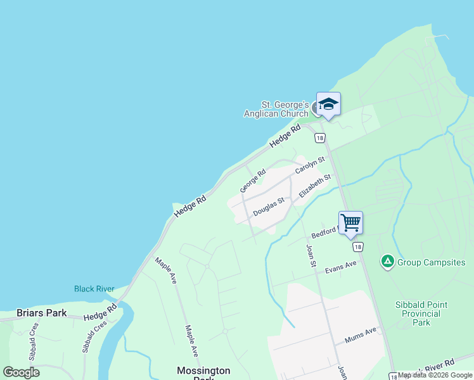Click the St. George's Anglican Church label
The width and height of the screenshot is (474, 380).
click(x=276, y=109)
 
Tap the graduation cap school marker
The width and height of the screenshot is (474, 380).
click(x=328, y=103)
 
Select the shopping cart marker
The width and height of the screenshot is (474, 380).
click(x=350, y=222)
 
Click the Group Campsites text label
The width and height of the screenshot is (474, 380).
click(x=431, y=262)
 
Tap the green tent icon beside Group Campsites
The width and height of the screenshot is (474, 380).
click(x=387, y=261)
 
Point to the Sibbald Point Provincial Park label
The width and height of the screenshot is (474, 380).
click(x=421, y=313)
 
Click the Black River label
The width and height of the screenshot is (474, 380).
click(x=94, y=289)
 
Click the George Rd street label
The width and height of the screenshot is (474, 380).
click(x=253, y=180)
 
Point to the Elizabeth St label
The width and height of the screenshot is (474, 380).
click(x=315, y=187)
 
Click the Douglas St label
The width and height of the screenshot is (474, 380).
click(x=269, y=206)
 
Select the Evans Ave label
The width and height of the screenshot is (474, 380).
click(x=341, y=267)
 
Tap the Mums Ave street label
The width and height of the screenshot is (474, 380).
click(x=361, y=334)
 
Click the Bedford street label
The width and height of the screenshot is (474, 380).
click(x=326, y=232)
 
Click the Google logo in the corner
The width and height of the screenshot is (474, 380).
click(x=21, y=372)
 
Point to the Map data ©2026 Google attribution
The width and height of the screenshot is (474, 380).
click(x=435, y=376)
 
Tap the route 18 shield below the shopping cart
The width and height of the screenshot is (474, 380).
click(x=359, y=247)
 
